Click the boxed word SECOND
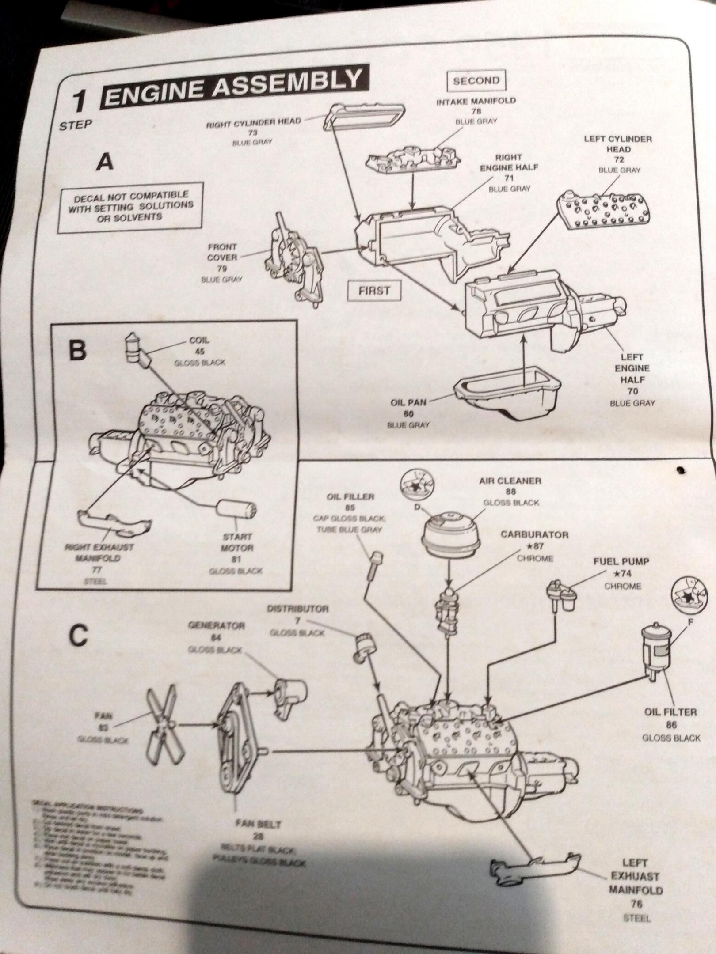coord(476,81)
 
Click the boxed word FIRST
coord(374,291)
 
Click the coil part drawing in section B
coord(134,349)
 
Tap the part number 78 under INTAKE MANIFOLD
coord(476,111)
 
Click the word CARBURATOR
coord(534,535)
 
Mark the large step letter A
coord(105,163)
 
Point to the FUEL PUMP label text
coord(621,562)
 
